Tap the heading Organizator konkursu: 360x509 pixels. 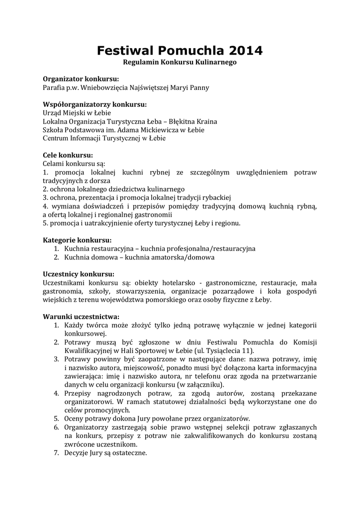[x=81, y=79]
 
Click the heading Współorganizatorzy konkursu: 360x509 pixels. [x=95, y=104]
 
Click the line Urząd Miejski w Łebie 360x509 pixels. [x=77, y=113]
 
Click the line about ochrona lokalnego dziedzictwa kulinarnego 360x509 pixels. [x=114, y=189]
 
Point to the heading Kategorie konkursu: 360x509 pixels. [x=77, y=240]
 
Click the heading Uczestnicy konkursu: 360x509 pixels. [x=79, y=274]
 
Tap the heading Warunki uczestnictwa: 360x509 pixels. [x=81, y=316]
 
